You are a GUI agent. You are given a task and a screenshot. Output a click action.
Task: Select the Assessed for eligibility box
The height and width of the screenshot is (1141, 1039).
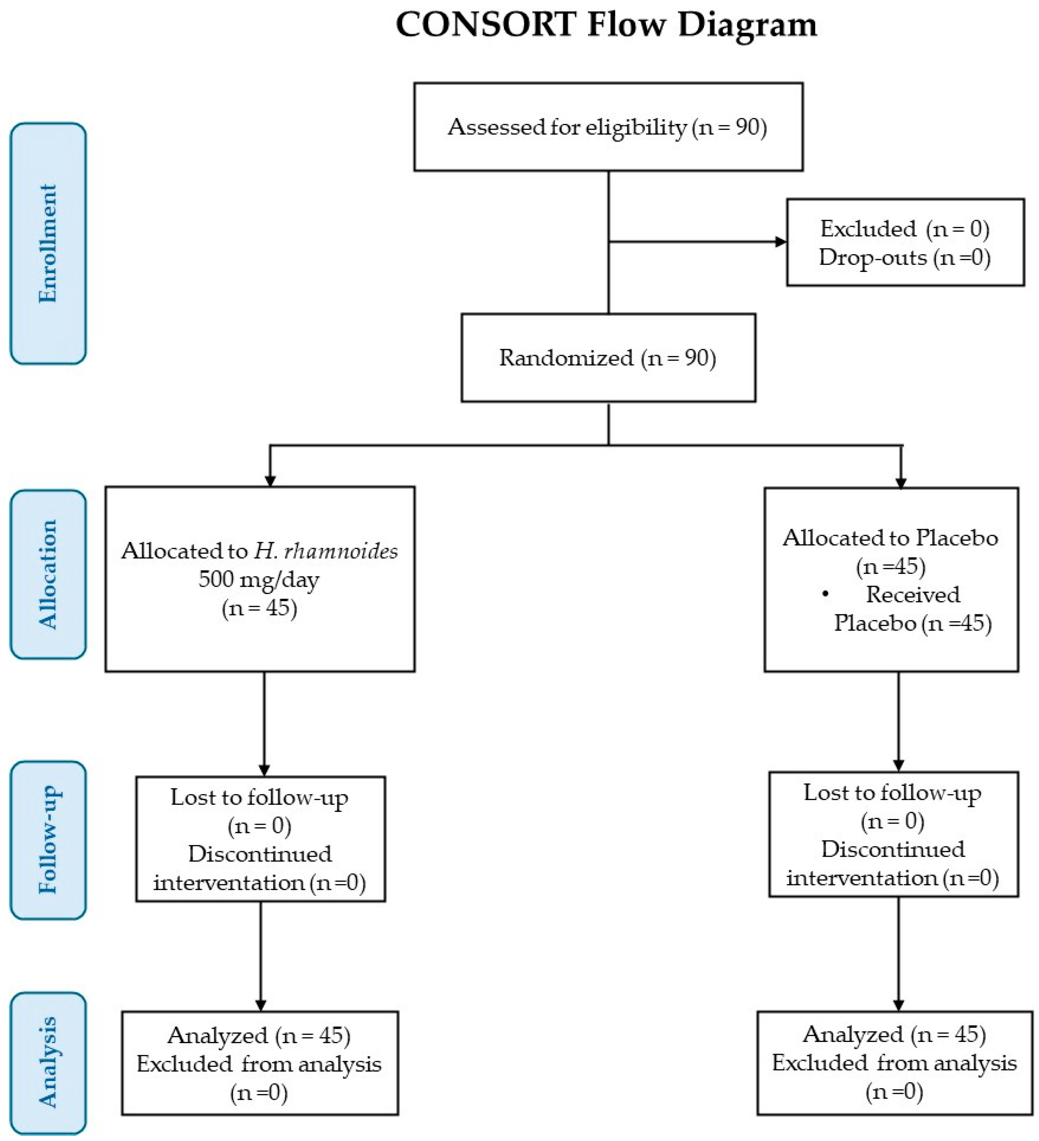608,127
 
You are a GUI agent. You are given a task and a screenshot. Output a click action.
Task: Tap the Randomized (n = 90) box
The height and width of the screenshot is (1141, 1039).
608,358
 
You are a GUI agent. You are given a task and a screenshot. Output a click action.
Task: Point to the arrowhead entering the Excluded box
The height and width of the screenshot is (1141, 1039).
781,242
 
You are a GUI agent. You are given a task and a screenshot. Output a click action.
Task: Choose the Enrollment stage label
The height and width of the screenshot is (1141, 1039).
48,243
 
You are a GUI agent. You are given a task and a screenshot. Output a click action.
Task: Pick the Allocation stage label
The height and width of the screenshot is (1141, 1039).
48,574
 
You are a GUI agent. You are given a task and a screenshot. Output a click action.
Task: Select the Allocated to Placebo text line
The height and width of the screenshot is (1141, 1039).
890,538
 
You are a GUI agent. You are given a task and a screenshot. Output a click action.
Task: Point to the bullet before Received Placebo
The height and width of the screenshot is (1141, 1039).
825,594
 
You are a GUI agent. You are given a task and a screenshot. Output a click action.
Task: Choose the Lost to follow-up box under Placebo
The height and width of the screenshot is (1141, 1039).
894,834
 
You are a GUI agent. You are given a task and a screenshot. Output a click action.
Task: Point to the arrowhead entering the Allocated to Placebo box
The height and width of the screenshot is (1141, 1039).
901,482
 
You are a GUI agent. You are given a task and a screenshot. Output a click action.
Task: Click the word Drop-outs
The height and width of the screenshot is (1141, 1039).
872,257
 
